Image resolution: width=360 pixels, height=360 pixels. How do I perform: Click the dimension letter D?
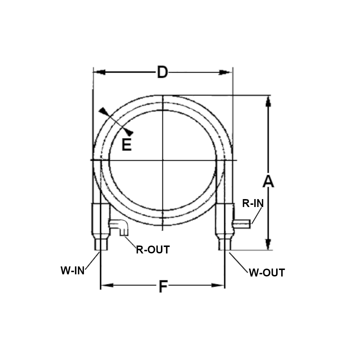(163, 72)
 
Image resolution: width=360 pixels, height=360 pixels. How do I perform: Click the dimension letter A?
(268, 181)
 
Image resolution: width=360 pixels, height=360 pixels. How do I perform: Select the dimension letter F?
(163, 287)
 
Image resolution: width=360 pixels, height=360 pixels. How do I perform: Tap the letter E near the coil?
(126, 144)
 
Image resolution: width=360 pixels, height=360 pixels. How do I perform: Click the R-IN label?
(253, 203)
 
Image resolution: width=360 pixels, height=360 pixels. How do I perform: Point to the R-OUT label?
(153, 249)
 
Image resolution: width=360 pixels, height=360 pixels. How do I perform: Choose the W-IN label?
(73, 270)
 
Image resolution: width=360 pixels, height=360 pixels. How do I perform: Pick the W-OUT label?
(267, 273)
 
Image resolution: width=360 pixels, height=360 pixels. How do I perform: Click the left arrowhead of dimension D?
(99, 72)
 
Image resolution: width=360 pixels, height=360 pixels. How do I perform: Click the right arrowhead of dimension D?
(225, 72)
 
